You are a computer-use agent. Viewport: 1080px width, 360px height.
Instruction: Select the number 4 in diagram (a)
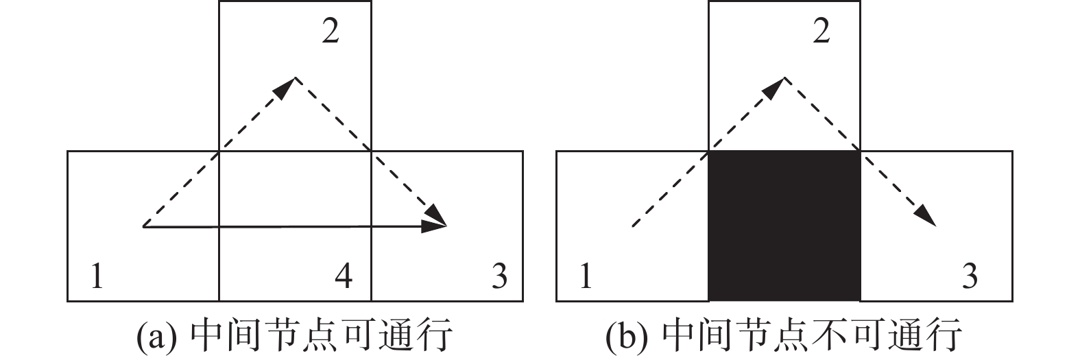point(344,277)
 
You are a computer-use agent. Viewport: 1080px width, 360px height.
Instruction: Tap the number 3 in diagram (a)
point(499,277)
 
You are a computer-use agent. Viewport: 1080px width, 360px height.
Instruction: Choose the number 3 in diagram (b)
point(970,277)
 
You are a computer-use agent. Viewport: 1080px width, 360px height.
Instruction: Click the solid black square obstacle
point(784,226)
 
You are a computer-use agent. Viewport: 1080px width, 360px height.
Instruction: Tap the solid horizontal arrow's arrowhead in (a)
point(435,226)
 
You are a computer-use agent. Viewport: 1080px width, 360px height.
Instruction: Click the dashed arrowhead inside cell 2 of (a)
point(285,86)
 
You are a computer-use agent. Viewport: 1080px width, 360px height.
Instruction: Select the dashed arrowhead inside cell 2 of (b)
point(775,86)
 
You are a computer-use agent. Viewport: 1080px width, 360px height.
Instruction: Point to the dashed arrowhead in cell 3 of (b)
point(925,215)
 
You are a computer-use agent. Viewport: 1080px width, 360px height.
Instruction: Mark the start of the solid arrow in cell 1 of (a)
point(144,226)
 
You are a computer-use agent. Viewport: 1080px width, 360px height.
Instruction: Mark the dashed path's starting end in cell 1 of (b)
point(632,226)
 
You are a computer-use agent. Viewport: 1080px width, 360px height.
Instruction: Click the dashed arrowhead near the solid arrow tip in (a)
point(437,215)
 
